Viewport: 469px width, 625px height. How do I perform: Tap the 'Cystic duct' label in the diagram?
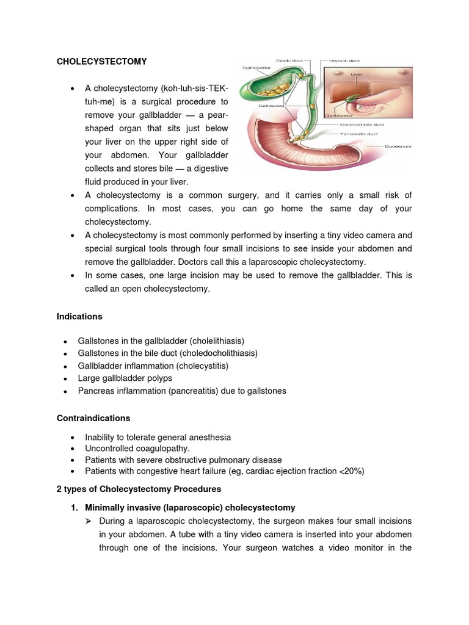click(x=289, y=60)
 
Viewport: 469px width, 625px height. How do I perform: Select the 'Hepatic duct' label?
click(x=345, y=60)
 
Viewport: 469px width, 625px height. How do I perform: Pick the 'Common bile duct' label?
click(x=361, y=125)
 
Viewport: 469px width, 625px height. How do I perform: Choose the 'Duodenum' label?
click(x=397, y=146)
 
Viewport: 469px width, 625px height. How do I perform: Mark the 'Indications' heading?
click(x=79, y=317)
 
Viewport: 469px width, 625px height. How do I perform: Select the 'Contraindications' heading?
click(x=93, y=418)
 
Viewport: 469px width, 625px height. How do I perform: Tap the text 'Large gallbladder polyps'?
click(x=125, y=378)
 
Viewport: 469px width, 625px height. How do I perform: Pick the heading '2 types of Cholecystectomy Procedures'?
click(x=139, y=489)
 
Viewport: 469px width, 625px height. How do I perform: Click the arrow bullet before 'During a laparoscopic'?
click(x=88, y=521)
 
